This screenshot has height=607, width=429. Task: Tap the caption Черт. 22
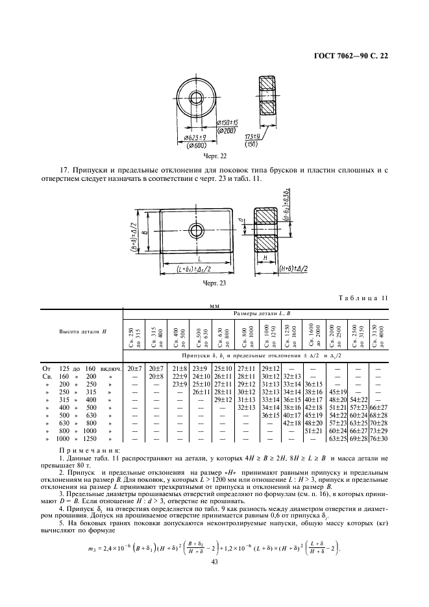[x=214, y=156]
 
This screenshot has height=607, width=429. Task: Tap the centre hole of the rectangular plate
[x=195, y=232]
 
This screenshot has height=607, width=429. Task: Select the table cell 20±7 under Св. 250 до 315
[x=135, y=368]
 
